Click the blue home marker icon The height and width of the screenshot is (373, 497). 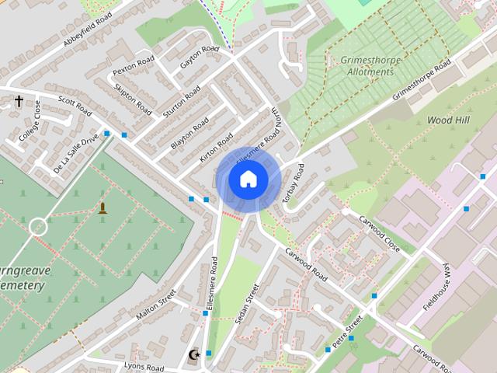pyautogui.click(x=248, y=180)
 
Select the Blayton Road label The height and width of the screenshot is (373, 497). pyautogui.click(x=189, y=134)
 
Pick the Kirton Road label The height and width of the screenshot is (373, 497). pyautogui.click(x=216, y=146)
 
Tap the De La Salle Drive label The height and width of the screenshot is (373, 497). pyautogui.click(x=76, y=152)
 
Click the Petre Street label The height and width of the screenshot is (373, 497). pyautogui.click(x=346, y=332)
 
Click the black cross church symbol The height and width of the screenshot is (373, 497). pyautogui.click(x=19, y=102)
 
